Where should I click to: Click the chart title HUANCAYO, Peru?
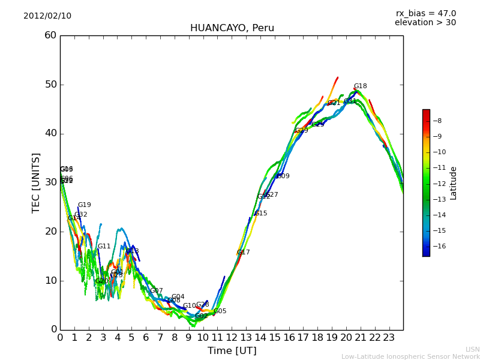[x=232, y=28]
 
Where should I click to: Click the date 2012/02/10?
[x=47, y=16]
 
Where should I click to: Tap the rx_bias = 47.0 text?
[x=425, y=14]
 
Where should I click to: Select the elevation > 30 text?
[x=425, y=23]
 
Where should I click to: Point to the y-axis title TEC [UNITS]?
[x=36, y=182]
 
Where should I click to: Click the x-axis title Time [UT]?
[x=232, y=350]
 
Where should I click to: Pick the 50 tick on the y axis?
[x=50, y=85]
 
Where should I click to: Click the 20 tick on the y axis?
[x=50, y=232]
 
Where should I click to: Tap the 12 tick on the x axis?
[x=232, y=337]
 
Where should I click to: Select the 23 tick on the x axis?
[x=389, y=337]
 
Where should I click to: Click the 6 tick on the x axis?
[x=146, y=337]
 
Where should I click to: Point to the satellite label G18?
[x=360, y=86]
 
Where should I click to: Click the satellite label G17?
[x=243, y=253]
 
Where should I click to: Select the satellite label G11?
[x=104, y=247]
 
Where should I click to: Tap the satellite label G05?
[x=220, y=311]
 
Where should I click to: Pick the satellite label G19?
[x=84, y=205]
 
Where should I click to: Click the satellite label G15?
[x=260, y=214]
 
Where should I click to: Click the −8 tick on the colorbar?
[x=437, y=121]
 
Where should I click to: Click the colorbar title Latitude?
[x=454, y=182]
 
